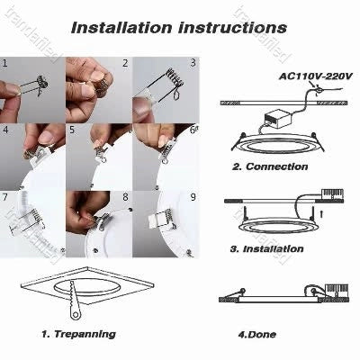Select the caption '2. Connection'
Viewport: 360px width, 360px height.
click(x=269, y=166)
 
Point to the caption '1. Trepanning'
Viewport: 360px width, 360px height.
click(x=79, y=334)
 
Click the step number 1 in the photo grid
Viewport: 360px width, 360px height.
click(x=6, y=65)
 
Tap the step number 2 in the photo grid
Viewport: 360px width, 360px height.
click(x=124, y=65)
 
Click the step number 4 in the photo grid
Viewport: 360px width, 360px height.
click(x=6, y=130)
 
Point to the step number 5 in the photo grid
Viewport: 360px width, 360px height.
click(x=72, y=130)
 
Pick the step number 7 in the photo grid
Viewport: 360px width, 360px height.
click(x=6, y=196)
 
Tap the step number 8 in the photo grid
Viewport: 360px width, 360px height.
click(x=124, y=196)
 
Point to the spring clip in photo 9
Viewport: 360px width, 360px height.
click(x=160, y=219)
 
